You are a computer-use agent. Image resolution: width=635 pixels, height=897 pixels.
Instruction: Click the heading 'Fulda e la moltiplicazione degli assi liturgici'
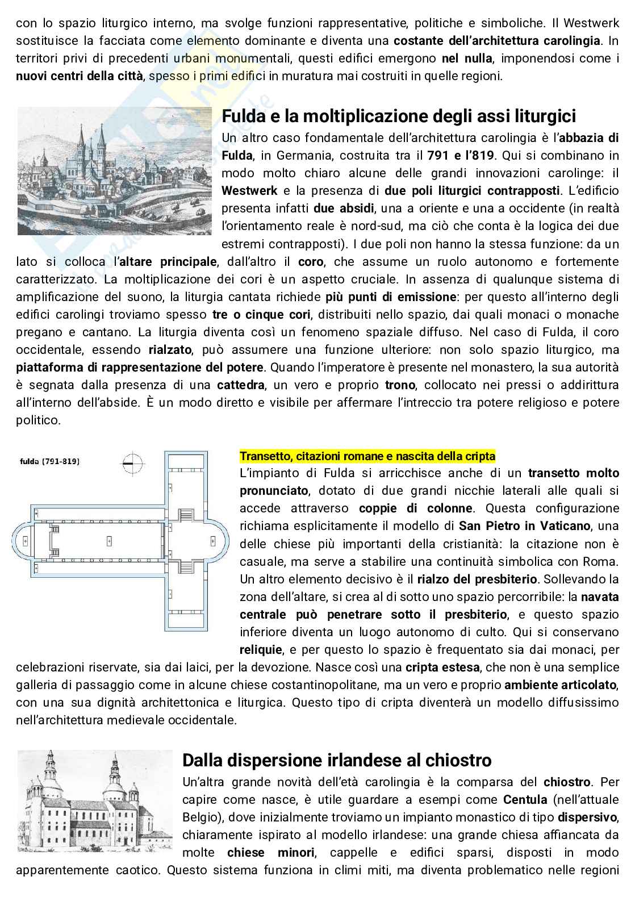click(399, 116)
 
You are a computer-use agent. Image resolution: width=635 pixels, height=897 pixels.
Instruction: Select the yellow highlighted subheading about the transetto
click(367, 456)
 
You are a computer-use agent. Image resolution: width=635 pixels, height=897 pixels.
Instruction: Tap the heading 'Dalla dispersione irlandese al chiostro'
click(337, 760)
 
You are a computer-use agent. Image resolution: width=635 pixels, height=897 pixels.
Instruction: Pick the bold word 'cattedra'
click(240, 385)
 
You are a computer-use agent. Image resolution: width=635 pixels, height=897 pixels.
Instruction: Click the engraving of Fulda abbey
click(115, 170)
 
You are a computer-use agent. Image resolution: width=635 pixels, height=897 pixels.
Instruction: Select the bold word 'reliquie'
click(261, 649)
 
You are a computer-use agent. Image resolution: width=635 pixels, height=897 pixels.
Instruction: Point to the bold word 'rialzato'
click(169, 350)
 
